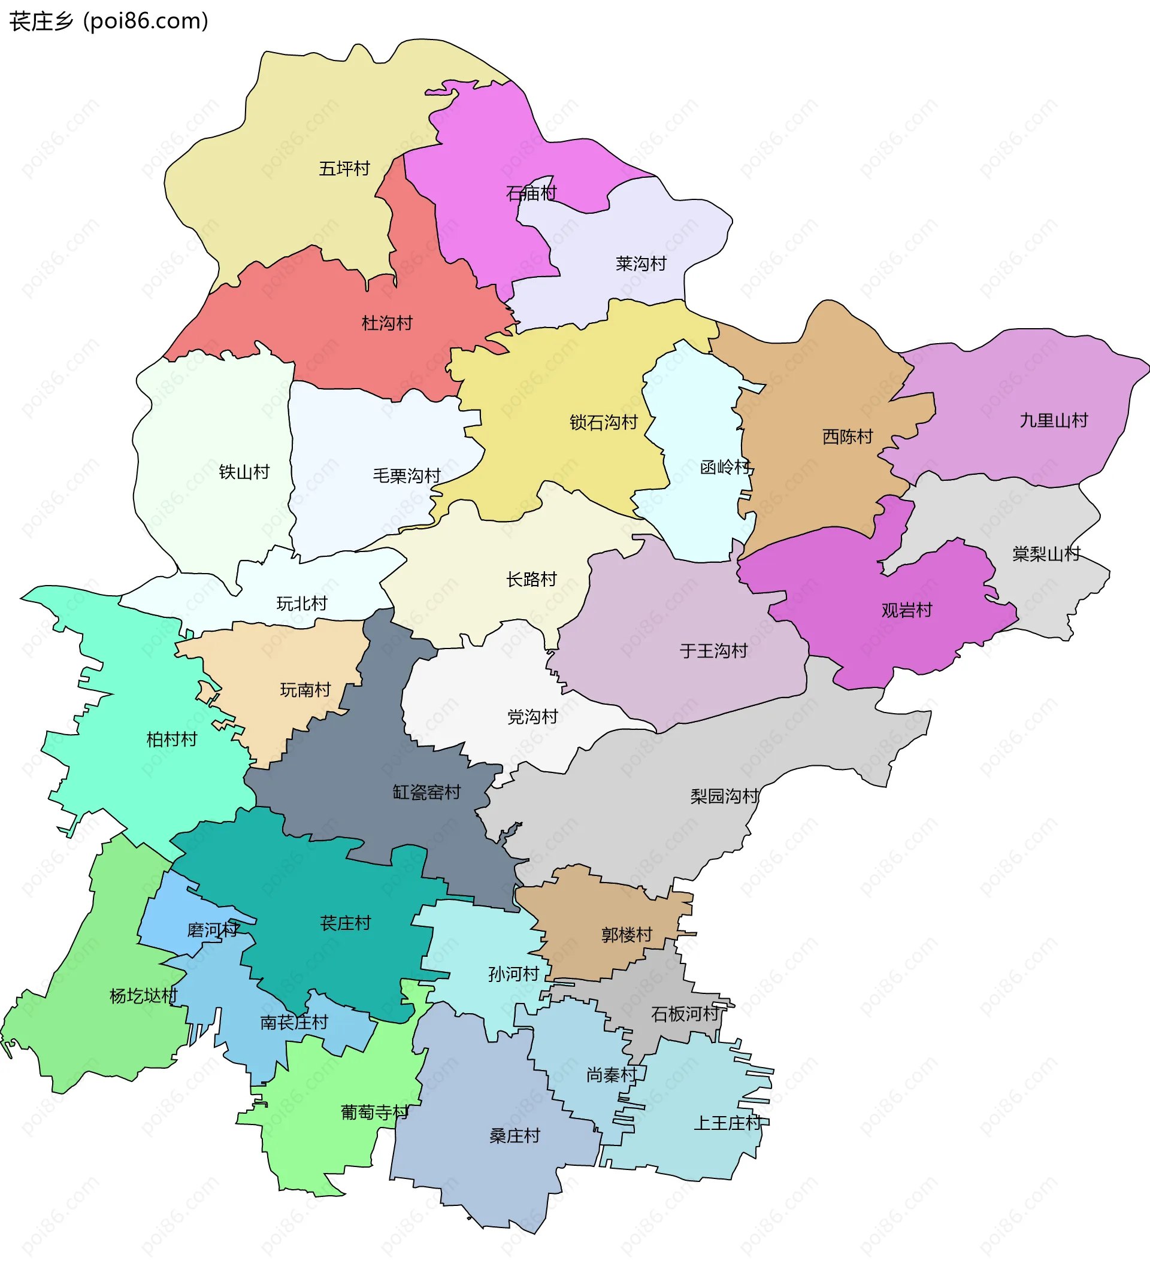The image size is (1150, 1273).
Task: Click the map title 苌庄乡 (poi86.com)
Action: pos(108,22)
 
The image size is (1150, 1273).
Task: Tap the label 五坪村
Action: pos(344,169)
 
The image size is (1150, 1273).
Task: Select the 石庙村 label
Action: pos(532,193)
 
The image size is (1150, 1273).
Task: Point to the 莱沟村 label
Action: pos(641,263)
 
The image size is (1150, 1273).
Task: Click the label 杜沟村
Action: pos(387,323)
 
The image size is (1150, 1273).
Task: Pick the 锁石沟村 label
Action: pos(604,423)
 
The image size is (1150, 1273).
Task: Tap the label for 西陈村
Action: pos(848,437)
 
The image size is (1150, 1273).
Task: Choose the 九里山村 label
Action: pos(1054,420)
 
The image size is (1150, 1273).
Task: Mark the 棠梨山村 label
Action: pos(1046,554)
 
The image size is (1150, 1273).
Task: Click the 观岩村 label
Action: pos(907,610)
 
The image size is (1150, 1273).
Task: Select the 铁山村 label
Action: pos(244,472)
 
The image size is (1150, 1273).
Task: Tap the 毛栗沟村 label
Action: pos(407,475)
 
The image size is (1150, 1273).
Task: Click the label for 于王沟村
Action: pos(713,650)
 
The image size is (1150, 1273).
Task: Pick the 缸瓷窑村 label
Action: pos(427,792)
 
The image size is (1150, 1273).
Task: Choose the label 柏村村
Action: pos(172,739)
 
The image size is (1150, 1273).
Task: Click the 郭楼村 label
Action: pos(627,935)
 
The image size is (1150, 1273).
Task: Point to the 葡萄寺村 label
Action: pos(374,1112)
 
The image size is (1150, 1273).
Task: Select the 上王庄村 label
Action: pos(728,1123)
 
